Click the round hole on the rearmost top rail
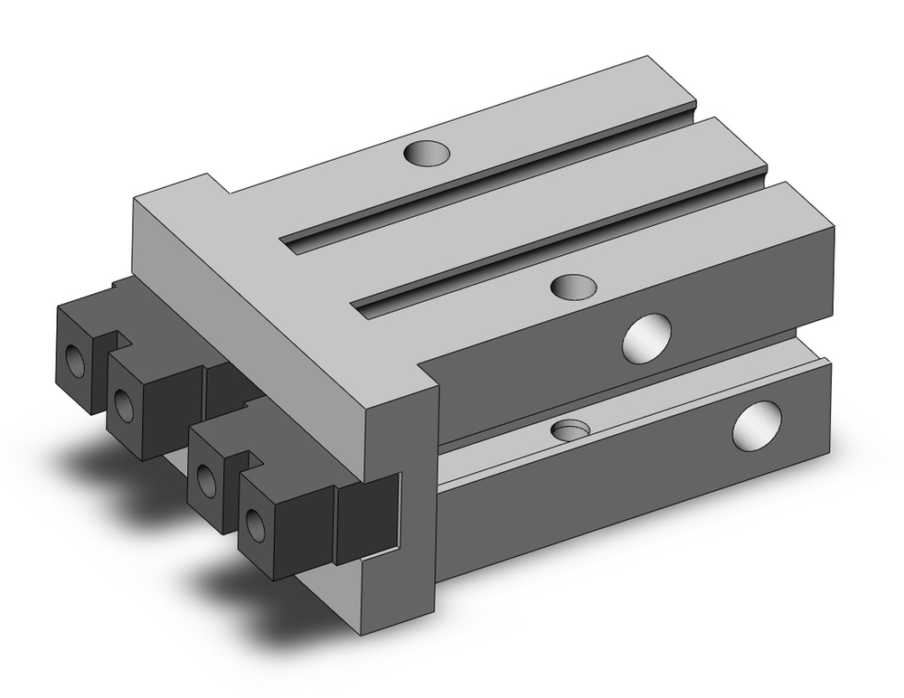coord(425,155)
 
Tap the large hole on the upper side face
coord(648,336)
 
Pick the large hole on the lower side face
coord(758,423)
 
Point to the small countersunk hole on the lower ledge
coord(571,428)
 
